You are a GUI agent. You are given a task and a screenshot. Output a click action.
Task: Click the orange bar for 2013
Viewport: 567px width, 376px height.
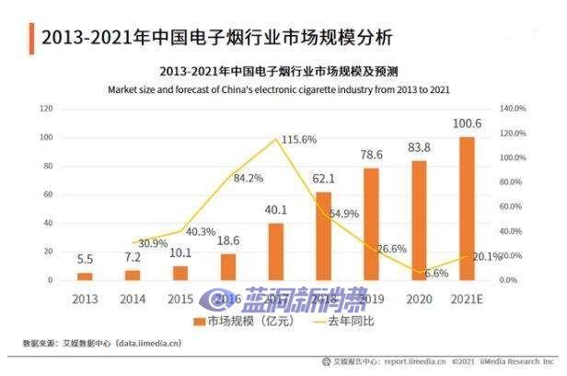point(85,276)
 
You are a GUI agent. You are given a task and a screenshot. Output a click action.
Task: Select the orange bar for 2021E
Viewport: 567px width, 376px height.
point(467,208)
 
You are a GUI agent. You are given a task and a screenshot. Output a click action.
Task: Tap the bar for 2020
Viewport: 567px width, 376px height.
point(419,220)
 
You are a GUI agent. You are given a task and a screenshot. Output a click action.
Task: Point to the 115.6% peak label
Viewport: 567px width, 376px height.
point(299,139)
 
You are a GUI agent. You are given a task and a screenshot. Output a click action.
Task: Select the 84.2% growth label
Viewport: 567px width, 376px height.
point(249,178)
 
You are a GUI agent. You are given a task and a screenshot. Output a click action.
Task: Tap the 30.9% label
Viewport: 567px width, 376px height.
point(153,243)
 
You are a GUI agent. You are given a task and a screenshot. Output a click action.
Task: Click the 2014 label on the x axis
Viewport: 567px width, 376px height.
point(133,300)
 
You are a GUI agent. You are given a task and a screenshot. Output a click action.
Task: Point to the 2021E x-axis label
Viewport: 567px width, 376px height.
point(467,300)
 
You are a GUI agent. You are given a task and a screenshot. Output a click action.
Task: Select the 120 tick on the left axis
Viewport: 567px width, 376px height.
point(45,109)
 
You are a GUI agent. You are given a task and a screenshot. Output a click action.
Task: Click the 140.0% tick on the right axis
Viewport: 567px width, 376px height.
point(513,109)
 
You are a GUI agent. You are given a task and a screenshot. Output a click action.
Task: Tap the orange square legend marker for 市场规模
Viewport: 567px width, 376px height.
point(198,321)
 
